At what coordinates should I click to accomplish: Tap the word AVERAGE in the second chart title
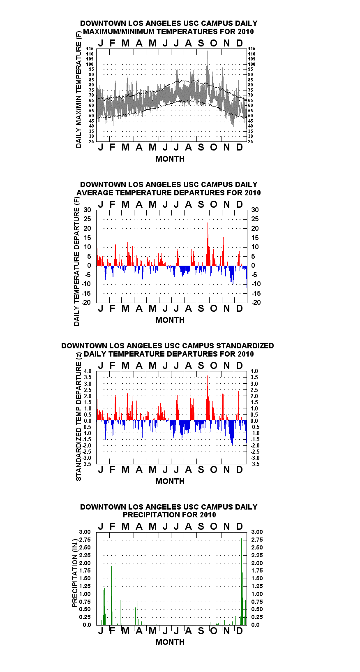coord(95,192)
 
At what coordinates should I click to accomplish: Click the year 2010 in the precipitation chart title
coord(208,515)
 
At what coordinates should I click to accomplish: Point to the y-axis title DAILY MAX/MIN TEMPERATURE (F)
coord(78,90)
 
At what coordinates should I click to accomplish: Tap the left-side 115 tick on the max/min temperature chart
coord(90,49)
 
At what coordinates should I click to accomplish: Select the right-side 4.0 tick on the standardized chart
coord(254,371)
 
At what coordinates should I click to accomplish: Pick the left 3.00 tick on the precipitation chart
coord(85,532)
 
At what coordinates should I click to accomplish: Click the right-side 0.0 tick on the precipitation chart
coord(255,625)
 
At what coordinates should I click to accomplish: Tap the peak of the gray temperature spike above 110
coord(208,51)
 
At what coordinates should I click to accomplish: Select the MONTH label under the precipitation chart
coord(170,642)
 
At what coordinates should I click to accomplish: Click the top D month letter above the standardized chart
coord(239,366)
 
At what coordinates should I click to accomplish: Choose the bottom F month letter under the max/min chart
coord(113,147)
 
